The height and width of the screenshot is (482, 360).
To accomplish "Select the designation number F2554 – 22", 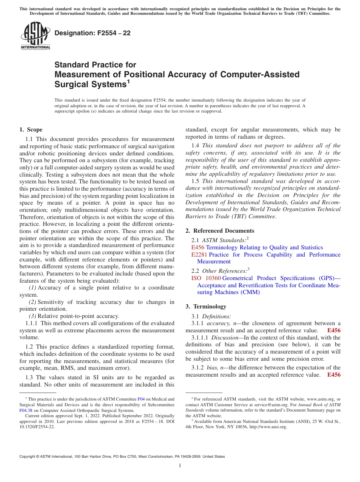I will tap(92, 33).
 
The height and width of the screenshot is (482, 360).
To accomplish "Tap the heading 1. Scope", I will tap(31, 130).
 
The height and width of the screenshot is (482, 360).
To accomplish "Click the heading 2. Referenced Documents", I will tap(220, 231).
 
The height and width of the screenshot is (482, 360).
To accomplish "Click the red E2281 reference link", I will tap(199, 255).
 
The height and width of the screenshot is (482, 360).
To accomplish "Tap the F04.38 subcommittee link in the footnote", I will tap(26, 410).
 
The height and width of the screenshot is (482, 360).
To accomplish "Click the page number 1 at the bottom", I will tap(180, 466).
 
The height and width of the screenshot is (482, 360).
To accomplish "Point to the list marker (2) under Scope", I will tap(33, 302).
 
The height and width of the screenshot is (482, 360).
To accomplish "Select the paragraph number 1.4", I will tap(196, 146).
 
